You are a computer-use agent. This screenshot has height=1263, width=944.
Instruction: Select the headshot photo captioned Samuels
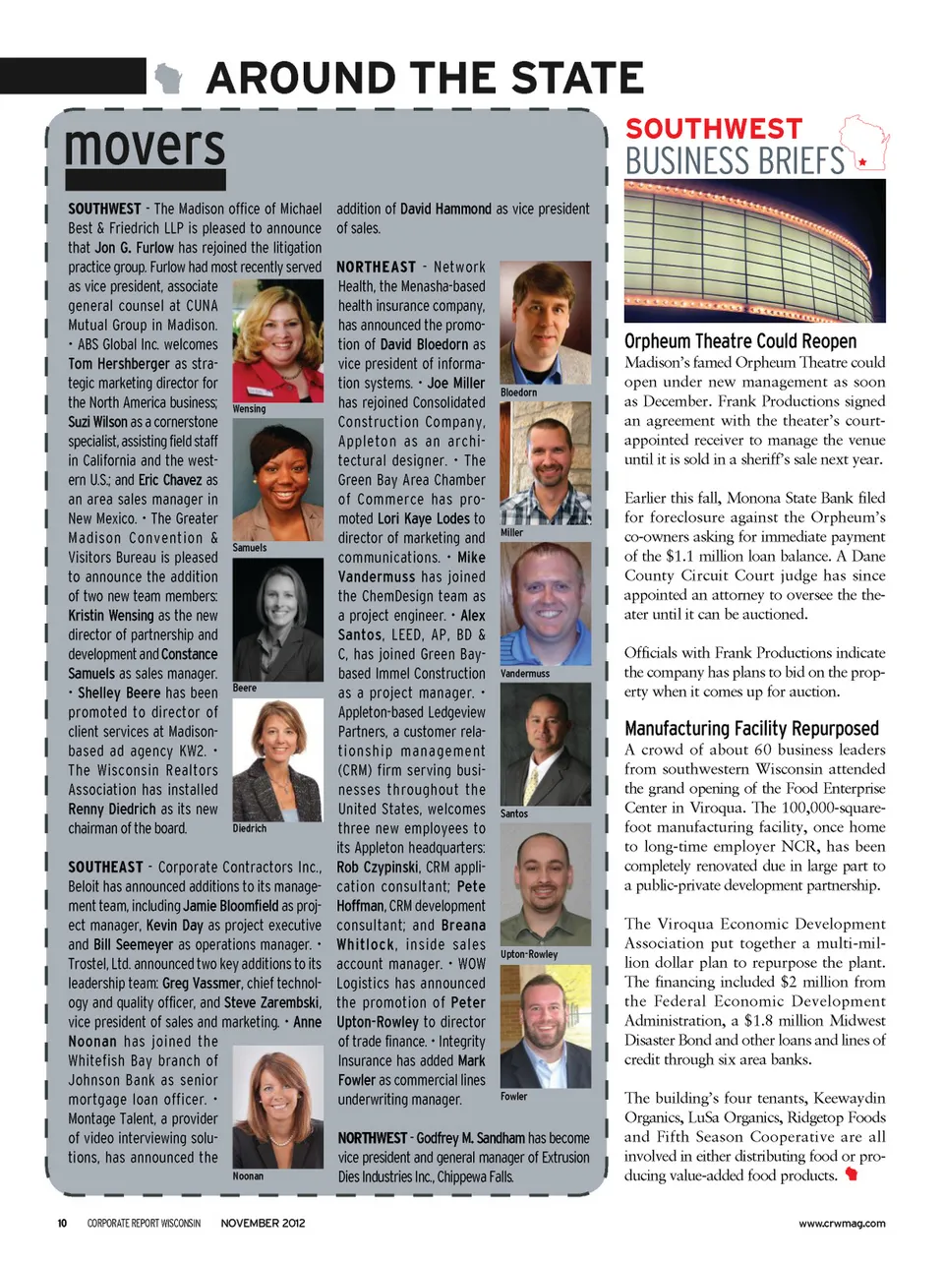coord(277,479)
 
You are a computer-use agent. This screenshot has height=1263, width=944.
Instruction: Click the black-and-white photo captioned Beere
coord(277,620)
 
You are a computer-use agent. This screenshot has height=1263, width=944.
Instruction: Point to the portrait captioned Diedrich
coord(277,760)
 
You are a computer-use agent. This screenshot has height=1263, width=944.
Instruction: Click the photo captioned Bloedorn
coord(545,322)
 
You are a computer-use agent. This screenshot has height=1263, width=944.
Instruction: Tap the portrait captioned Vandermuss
coord(545,603)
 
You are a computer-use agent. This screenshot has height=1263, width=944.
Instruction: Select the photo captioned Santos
coord(545,744)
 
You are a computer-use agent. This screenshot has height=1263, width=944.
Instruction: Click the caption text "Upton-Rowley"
coord(529,954)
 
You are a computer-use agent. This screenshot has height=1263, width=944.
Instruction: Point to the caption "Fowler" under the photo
coord(514,1096)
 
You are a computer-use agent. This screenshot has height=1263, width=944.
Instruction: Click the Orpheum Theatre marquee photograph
coord(754,250)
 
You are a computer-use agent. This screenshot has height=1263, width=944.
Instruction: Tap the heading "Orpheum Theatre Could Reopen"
coord(740,341)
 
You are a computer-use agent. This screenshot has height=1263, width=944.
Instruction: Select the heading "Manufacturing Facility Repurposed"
coord(751,729)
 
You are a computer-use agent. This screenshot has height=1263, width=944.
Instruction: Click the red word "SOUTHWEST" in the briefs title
coord(714,129)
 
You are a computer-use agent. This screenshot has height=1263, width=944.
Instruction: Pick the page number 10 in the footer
coord(62,1223)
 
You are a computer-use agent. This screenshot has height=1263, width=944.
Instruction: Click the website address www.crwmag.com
coord(841,1223)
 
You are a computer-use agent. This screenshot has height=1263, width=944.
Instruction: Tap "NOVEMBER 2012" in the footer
coord(263,1223)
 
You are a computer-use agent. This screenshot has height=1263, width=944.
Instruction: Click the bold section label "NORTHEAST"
coord(376,267)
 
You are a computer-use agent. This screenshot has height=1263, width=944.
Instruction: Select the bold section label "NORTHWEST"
coord(372,1138)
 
